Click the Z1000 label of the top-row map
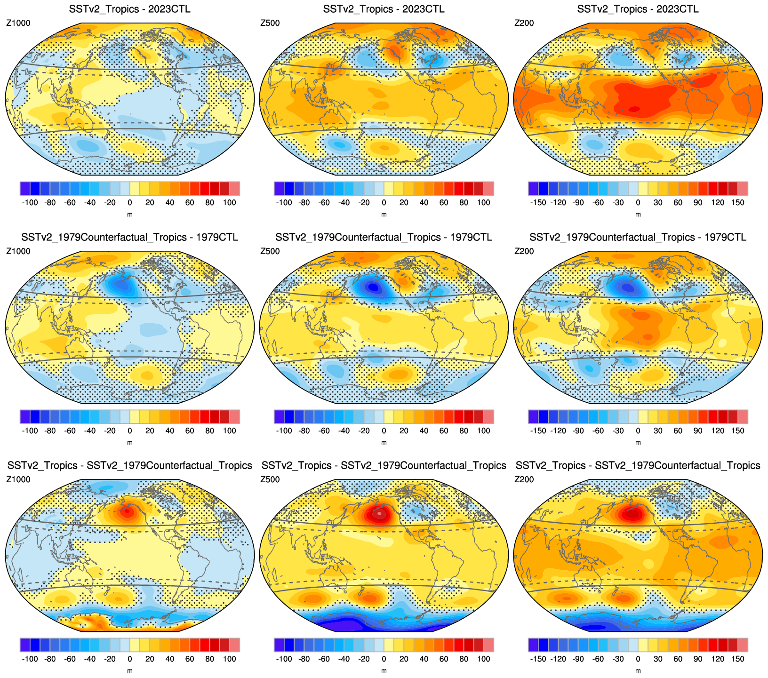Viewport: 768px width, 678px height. tap(18, 23)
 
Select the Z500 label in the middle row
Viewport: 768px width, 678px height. tap(270, 251)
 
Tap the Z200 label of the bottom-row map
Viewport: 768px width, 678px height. tap(524, 479)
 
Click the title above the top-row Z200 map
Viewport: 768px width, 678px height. tap(638, 9)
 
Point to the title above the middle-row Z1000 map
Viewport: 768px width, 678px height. tap(129, 237)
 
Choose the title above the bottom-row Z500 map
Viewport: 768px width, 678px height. tap(384, 465)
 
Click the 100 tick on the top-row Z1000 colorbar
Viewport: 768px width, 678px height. tap(230, 203)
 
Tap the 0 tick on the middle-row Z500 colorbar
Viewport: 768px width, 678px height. tap(384, 431)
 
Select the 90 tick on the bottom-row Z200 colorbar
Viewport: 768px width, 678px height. tap(698, 659)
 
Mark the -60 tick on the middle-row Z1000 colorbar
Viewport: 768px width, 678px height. tap(70, 431)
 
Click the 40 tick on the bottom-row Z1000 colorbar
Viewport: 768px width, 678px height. tap(170, 659)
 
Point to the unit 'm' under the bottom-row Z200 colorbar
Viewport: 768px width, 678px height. tap(638, 670)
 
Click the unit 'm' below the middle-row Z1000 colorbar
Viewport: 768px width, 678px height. tap(130, 442)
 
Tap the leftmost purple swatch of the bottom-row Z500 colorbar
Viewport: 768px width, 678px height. tap(279, 645)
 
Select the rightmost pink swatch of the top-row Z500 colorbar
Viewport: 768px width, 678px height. tap(488, 188)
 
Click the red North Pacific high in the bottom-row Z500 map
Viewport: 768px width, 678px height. tap(379, 514)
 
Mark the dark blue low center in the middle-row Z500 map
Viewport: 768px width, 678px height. tap(373, 286)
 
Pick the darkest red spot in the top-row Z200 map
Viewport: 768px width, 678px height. tap(634, 109)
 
